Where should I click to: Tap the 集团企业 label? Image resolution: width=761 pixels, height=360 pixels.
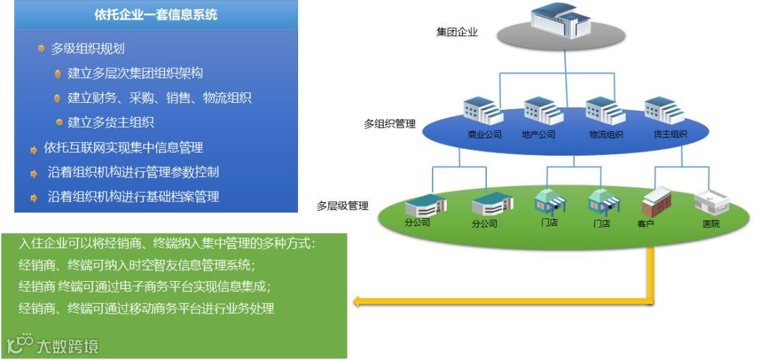(x=457, y=32)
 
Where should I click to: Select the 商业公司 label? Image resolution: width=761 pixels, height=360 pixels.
(x=485, y=135)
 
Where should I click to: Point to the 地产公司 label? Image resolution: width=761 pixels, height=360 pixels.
(x=538, y=135)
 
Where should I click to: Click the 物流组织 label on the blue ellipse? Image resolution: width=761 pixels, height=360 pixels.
(x=606, y=135)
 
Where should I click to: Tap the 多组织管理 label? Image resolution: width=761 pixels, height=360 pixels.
(x=390, y=124)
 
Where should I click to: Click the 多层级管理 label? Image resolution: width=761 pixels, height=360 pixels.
(x=342, y=206)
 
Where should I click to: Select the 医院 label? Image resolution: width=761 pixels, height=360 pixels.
(x=712, y=224)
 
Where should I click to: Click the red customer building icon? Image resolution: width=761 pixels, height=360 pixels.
(x=656, y=201)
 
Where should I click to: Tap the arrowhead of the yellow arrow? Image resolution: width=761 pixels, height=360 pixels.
(x=358, y=302)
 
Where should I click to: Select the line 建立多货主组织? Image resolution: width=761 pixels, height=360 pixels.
(x=111, y=123)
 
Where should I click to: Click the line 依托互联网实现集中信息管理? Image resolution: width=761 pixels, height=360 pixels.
(x=123, y=148)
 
